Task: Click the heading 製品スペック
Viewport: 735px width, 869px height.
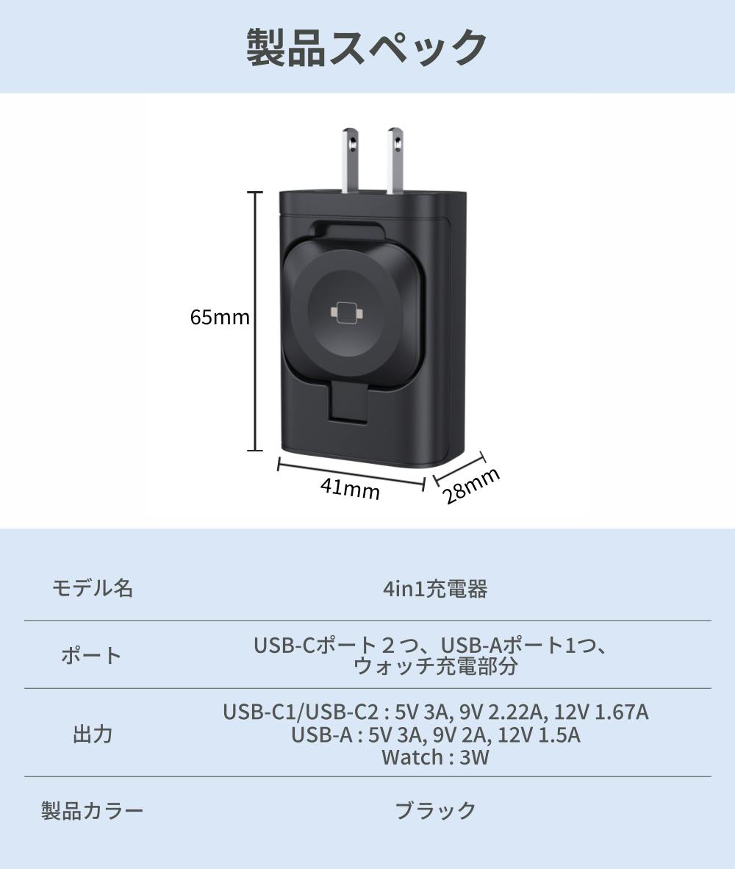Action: (367, 48)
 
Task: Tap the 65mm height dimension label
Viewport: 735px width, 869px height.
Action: (220, 318)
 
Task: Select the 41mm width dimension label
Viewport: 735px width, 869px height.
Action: (350, 490)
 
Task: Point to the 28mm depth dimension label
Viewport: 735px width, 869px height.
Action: (473, 485)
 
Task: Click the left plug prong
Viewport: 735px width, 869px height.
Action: (351, 161)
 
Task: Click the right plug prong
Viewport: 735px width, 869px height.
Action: (395, 161)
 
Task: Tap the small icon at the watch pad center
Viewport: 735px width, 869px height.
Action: (346, 313)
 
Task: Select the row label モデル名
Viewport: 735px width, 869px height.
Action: (93, 588)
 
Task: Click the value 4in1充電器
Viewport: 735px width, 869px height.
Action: (435, 589)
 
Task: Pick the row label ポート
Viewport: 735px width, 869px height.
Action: (91, 656)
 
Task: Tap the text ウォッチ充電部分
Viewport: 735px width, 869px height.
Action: (435, 666)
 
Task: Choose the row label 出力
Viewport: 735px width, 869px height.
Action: (93, 734)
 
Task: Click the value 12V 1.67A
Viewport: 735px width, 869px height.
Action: (601, 712)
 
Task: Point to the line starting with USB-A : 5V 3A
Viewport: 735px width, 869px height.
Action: (436, 735)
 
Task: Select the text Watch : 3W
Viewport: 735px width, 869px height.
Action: (435, 757)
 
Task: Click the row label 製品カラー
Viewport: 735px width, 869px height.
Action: (93, 811)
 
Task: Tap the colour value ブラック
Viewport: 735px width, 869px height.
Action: (436, 811)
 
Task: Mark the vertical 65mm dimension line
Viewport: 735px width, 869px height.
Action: (255, 321)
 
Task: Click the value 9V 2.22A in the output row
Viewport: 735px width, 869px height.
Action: (503, 712)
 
